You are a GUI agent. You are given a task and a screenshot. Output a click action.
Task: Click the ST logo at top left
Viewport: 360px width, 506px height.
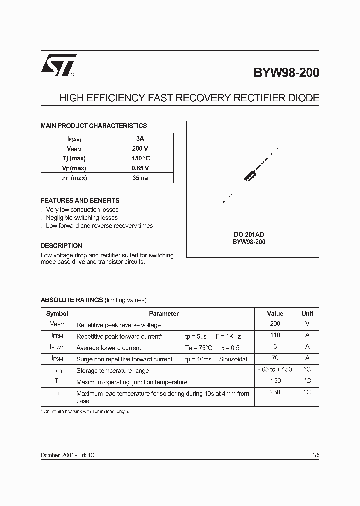coord(58,65)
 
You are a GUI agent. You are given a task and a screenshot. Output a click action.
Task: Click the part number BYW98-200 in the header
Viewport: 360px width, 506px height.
coord(286,73)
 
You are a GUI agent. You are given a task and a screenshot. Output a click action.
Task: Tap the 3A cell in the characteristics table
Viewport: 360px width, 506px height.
coord(140,138)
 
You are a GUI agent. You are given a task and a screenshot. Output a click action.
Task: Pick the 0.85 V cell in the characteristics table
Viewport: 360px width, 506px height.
coord(140,168)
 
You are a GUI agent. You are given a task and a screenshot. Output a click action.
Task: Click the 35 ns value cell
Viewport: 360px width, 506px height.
coord(140,178)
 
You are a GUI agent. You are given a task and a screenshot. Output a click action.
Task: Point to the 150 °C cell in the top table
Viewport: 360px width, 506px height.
coord(140,158)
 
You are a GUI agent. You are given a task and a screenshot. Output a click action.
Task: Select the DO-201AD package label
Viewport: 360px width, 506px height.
coord(249,234)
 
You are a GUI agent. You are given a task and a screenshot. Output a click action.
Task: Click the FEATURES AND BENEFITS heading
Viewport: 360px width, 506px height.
coord(80,200)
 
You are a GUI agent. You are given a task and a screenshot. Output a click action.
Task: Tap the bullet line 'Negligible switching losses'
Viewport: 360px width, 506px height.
coord(82,218)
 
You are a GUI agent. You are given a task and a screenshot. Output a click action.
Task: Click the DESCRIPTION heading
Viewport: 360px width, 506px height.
coord(61,246)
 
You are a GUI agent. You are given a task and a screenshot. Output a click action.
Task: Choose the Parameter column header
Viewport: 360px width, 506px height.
coord(164,314)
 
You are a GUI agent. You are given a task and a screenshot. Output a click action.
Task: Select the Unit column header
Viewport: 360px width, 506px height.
coord(307,314)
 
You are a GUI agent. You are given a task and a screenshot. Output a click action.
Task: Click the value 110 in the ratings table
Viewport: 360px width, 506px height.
coord(275,336)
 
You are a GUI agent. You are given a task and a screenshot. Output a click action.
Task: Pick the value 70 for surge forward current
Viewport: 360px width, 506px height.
coord(275,358)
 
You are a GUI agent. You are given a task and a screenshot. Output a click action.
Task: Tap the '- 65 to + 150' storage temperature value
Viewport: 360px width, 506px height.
coord(275,370)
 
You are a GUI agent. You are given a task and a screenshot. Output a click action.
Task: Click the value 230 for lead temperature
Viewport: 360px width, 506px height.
coord(275,393)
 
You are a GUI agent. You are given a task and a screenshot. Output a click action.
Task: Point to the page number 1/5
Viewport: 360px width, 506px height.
coord(315,455)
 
